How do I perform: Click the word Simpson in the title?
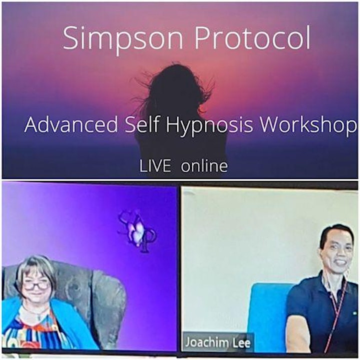(x=123, y=38)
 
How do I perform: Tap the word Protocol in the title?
(x=252, y=37)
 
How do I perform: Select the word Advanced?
(x=71, y=124)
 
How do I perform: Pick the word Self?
(x=142, y=124)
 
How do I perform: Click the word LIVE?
(x=155, y=166)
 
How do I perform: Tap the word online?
(x=204, y=165)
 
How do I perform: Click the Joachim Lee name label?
(x=217, y=342)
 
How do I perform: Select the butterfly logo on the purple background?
(x=137, y=232)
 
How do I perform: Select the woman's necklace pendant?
(x=39, y=318)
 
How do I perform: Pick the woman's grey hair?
(x=35, y=268)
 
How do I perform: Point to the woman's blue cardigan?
(x=69, y=326)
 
